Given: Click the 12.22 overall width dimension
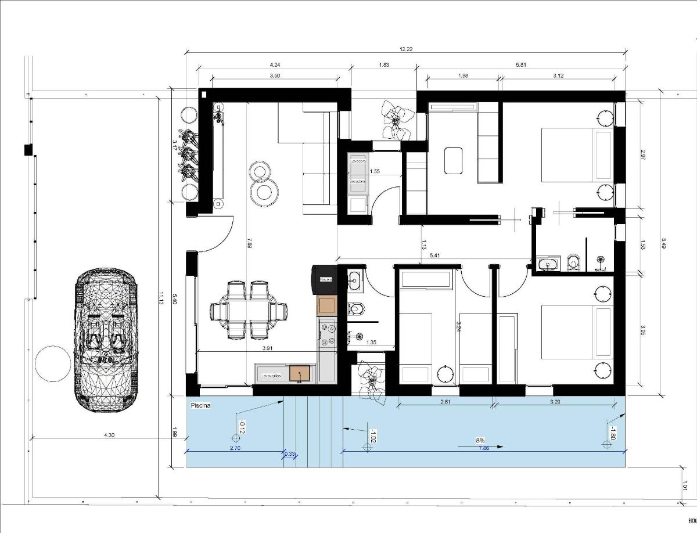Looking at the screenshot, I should click(407, 49).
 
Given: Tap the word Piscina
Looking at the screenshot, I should click(199, 406).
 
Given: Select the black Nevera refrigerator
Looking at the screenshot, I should click(324, 279).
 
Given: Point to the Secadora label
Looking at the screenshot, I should click(357, 181).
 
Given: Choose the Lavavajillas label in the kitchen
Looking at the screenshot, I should click(271, 376).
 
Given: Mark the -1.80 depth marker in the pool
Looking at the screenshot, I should click(611, 433).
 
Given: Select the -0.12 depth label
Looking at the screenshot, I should click(240, 427).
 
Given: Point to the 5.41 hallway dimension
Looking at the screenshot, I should click(434, 255).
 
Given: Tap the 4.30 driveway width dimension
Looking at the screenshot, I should click(109, 435).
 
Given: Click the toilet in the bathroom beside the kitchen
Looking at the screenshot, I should click(354, 308).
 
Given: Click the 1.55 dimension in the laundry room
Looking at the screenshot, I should click(375, 171).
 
